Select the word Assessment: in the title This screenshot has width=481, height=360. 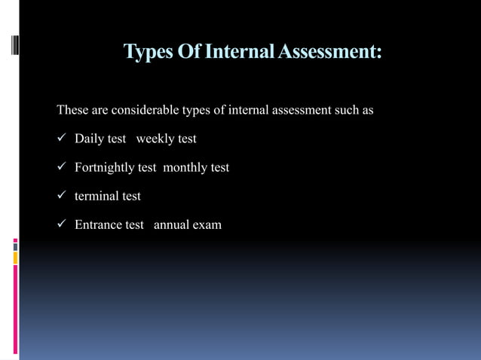(331, 52)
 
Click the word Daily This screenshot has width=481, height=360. (90, 139)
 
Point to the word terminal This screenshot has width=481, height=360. (97, 196)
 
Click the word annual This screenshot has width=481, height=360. (171, 224)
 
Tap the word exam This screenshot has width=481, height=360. (207, 224)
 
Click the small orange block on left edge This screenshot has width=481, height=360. (15, 258)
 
